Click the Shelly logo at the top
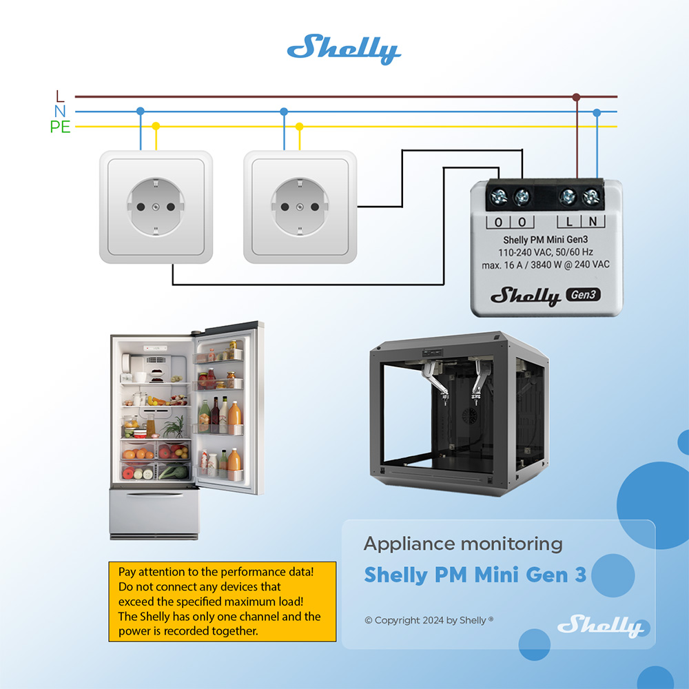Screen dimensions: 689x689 click(343, 50)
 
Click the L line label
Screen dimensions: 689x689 click(59, 96)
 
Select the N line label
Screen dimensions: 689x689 click(59, 112)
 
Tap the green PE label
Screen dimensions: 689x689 click(60, 127)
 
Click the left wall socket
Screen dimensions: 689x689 click(156, 207)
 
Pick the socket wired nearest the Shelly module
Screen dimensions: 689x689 click(300, 207)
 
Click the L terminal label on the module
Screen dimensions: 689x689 click(569, 222)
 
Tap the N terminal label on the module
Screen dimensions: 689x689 click(592, 222)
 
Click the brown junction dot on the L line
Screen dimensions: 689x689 click(577, 97)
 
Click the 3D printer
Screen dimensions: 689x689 click(458, 413)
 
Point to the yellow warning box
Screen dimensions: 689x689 click(222, 601)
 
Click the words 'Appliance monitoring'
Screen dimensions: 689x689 click(463, 544)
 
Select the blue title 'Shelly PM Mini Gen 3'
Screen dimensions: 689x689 click(475, 575)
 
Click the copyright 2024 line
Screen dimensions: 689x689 click(429, 620)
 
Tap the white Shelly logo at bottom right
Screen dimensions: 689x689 click(599, 626)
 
